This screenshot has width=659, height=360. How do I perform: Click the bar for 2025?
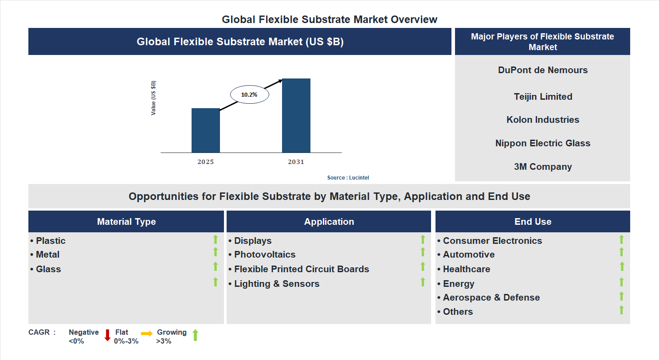tap(205, 130)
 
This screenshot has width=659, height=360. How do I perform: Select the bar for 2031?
tap(296, 116)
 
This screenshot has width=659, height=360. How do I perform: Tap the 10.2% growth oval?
tap(249, 94)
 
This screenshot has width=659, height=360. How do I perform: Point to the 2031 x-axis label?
tap(296, 162)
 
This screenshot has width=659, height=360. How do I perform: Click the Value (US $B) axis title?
tap(153, 98)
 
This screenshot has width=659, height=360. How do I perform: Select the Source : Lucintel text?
tap(348, 177)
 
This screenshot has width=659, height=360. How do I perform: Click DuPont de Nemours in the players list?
tap(542, 70)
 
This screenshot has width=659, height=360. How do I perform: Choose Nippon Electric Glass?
tap(542, 143)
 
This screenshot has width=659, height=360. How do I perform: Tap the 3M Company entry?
tap(542, 167)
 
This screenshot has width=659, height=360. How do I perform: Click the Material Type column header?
tap(126, 222)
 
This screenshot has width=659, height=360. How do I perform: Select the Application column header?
tap(329, 222)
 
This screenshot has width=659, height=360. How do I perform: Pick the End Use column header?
tap(533, 222)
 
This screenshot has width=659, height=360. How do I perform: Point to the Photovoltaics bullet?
tap(264, 254)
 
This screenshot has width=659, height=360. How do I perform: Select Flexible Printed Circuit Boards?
tap(301, 269)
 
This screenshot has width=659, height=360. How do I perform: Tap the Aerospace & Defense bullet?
tap(491, 297)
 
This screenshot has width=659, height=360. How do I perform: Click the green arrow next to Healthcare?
tap(622, 266)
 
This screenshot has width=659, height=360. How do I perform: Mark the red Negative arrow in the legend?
tap(107, 335)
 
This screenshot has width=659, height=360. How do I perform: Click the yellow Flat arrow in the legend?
tap(147, 333)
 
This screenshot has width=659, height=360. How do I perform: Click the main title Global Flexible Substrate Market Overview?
tap(329, 20)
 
